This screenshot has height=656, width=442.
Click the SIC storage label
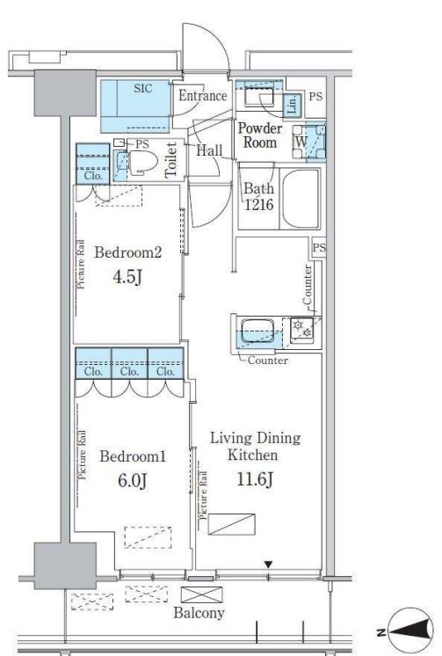143,89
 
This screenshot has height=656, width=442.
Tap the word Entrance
203,96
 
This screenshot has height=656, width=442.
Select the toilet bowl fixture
142,163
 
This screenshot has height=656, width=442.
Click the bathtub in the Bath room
301,198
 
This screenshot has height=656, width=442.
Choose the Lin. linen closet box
293,104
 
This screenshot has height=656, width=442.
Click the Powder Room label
260,135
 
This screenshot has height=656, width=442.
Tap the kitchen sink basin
258,330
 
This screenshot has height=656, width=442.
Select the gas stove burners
302,328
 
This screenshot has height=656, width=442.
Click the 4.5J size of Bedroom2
127,277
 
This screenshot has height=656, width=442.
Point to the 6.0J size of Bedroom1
133,481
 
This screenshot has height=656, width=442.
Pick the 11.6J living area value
255,478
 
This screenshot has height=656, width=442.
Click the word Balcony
199,613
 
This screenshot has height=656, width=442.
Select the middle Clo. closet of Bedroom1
130,371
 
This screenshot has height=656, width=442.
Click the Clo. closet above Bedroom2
93,175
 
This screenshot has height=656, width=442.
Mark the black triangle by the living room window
269,565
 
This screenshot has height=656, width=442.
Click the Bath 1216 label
259,196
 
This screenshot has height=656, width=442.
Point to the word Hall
209,150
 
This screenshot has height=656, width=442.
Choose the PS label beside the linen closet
316,97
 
